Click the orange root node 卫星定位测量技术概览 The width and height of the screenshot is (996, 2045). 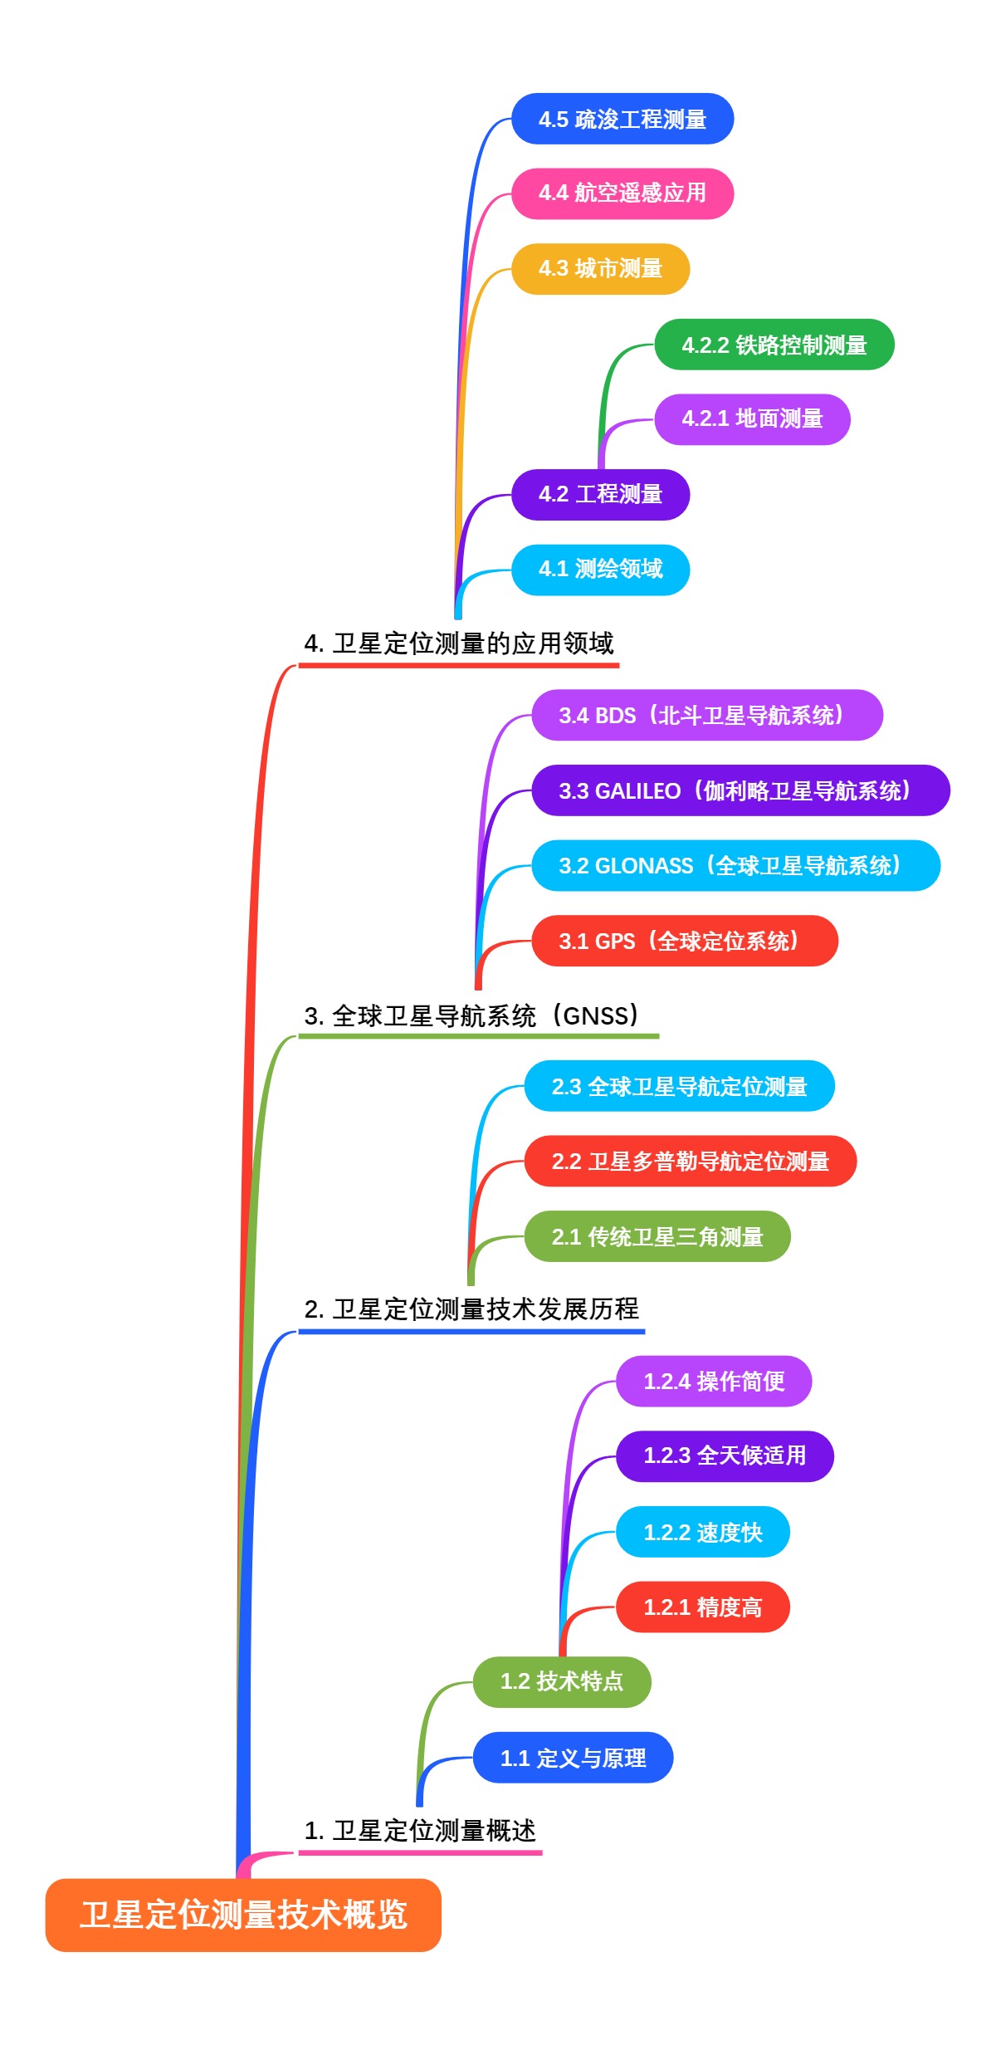tap(243, 1915)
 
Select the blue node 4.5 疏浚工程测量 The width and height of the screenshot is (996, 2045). tap(622, 119)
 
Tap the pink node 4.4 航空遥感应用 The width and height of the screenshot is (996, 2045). tap(622, 193)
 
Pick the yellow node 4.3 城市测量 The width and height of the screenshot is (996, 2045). tap(600, 269)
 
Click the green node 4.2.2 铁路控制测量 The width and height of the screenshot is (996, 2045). tap(774, 345)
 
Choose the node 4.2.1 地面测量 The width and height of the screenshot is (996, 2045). tap(752, 419)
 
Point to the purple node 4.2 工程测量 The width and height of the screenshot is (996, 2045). tap(600, 495)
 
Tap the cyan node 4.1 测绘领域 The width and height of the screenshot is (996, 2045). tap(600, 570)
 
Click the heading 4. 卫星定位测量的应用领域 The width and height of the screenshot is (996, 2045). tap(459, 643)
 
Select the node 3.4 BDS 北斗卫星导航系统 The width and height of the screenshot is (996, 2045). tap(707, 715)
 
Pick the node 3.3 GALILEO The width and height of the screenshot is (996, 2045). tap(740, 790)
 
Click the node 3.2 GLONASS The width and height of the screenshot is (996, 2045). tap(735, 866)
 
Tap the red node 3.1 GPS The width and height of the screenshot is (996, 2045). tap(685, 941)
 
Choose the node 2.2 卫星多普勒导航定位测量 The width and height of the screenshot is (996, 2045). tap(690, 1161)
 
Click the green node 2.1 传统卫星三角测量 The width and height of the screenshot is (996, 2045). tap(657, 1236)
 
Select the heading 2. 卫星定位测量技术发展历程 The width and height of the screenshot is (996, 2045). tap(471, 1309)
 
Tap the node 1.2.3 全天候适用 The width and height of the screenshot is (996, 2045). tap(725, 1456)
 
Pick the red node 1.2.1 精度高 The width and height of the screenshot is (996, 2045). tap(702, 1607)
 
